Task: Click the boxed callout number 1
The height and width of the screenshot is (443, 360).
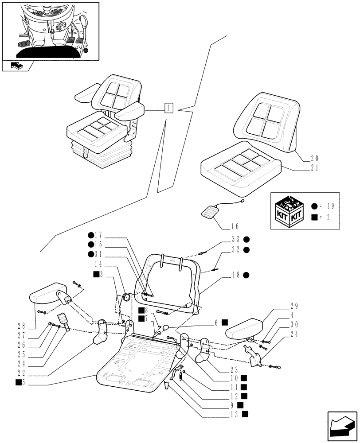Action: coord(168,108)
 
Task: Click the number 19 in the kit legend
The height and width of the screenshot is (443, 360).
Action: coord(330,206)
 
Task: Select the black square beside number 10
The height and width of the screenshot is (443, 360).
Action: coord(244,378)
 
